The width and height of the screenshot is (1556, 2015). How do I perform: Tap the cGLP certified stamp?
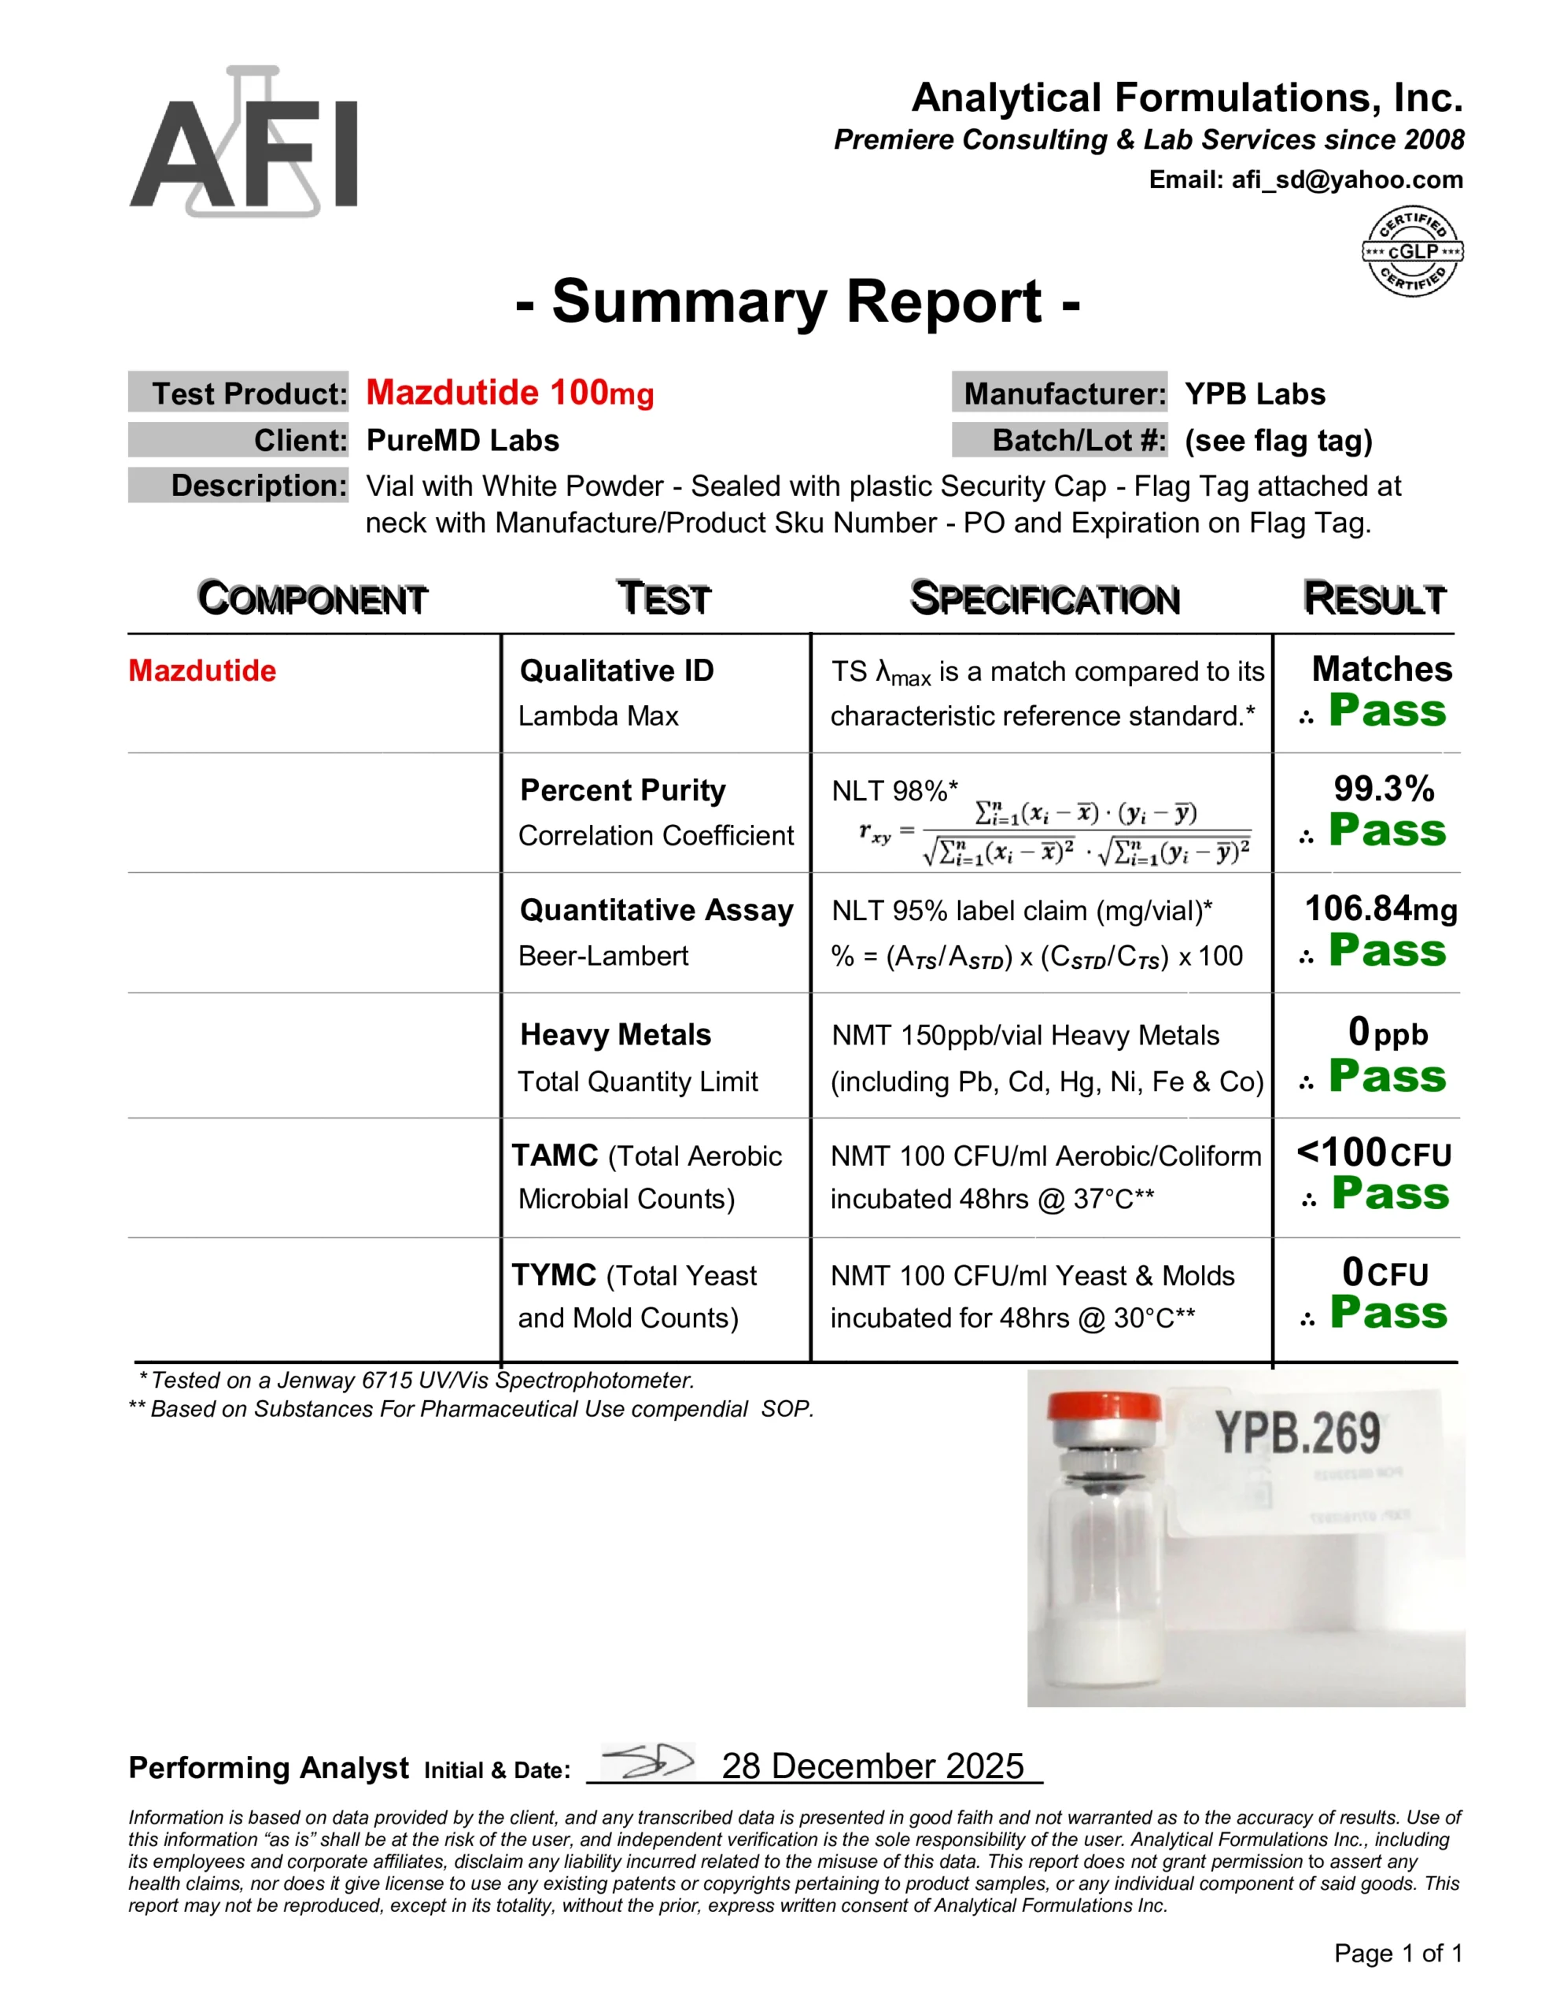(x=1412, y=251)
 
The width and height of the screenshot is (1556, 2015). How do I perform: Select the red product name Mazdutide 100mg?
(x=509, y=393)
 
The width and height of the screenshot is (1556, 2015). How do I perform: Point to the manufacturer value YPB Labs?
(x=1255, y=394)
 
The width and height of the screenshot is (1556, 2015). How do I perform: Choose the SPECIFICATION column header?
(x=1044, y=599)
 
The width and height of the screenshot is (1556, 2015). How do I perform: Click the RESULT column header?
(x=1373, y=599)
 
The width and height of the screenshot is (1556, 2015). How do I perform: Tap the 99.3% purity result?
(x=1384, y=789)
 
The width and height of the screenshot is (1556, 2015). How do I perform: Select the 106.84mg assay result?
(x=1381, y=909)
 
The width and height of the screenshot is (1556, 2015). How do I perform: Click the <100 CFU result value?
(x=1373, y=1153)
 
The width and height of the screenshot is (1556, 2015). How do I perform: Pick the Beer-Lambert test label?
(x=603, y=956)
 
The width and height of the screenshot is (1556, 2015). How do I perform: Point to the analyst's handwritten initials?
(x=647, y=1762)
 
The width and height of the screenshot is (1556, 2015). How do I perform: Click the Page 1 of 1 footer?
(x=1397, y=1953)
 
